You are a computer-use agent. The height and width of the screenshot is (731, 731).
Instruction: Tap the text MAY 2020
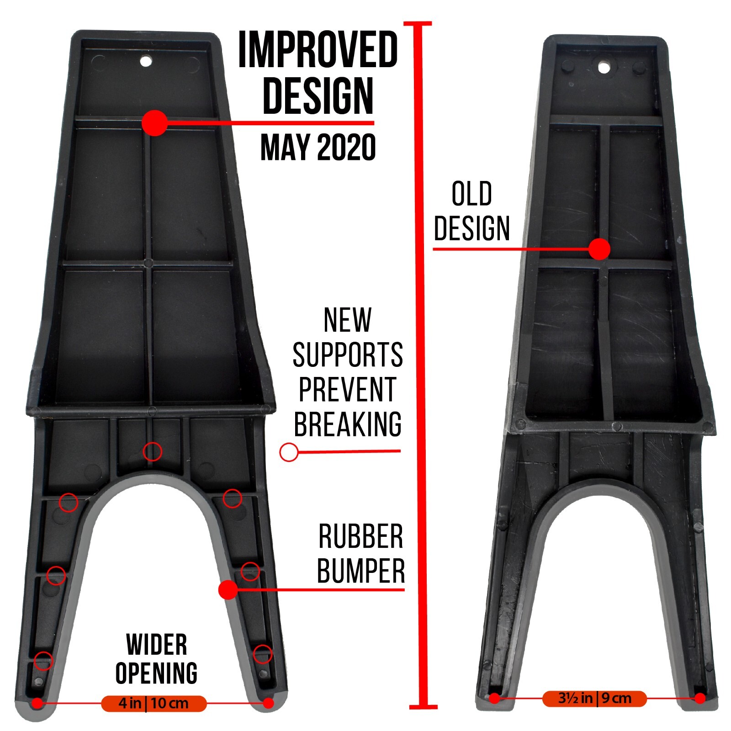(318, 147)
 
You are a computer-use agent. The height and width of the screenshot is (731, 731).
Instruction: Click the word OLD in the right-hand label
(471, 194)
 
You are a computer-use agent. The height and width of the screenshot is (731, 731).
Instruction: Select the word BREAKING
(348, 424)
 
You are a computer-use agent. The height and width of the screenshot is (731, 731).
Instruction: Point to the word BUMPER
(361, 571)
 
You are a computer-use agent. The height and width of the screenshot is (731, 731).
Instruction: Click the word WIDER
(157, 645)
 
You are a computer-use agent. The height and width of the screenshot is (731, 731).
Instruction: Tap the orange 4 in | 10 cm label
(154, 703)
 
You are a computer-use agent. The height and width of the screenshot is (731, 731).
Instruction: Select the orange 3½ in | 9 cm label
(594, 699)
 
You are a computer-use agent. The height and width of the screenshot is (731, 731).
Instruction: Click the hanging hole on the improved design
(146, 60)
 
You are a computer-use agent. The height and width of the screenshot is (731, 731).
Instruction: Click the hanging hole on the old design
(604, 68)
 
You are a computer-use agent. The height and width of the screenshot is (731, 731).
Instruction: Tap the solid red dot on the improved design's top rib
(155, 123)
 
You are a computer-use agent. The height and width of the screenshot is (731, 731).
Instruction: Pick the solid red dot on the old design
(599, 249)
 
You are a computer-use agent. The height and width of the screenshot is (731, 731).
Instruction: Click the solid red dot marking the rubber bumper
(228, 590)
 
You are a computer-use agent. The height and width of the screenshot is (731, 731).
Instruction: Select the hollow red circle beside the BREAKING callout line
(289, 452)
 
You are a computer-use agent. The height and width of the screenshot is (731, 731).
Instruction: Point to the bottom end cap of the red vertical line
(423, 707)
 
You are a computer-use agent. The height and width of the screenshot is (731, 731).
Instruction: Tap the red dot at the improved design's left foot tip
(37, 703)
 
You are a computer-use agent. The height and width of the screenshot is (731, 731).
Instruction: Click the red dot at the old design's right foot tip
(700, 698)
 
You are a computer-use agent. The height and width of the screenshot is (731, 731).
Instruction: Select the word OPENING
(157, 673)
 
